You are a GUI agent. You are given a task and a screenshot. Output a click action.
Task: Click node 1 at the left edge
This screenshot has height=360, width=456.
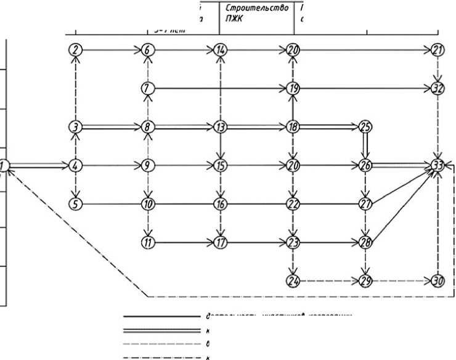[3, 165]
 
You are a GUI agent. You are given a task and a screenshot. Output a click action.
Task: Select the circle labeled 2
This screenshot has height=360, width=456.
[75, 51]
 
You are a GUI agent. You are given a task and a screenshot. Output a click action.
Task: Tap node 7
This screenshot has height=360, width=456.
[147, 89]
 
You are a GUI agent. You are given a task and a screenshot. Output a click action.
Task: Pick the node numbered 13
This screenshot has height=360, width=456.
[220, 127]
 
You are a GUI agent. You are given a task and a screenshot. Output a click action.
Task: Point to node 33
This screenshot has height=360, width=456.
[438, 165]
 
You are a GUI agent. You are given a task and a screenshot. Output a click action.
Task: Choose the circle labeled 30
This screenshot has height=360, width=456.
[438, 280]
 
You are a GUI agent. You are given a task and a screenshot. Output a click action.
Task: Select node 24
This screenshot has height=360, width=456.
[293, 280]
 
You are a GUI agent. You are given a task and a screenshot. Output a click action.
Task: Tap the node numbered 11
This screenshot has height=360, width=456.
[147, 242]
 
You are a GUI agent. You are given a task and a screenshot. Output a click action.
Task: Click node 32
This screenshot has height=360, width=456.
[438, 89]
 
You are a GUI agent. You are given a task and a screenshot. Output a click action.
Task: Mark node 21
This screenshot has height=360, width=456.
[438, 51]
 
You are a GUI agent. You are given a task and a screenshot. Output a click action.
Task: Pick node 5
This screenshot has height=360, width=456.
[75, 203]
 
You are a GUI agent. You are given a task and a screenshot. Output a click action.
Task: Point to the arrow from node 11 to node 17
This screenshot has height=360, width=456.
[183, 242]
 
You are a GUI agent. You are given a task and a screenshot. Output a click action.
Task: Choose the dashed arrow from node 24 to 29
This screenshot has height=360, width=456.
[329, 280]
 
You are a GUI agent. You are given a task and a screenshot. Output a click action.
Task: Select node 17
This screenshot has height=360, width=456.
[220, 242]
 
